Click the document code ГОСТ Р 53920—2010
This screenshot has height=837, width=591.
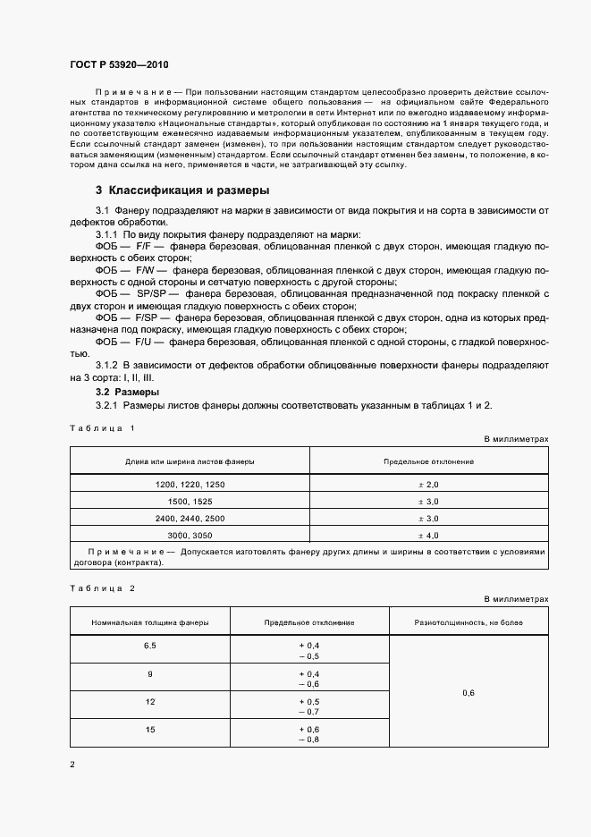pos(119,66)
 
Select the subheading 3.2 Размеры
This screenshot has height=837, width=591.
pos(127,392)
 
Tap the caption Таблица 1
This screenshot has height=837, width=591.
pos(102,427)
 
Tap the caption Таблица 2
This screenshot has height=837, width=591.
pos(102,588)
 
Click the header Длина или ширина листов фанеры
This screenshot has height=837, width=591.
pos(190,461)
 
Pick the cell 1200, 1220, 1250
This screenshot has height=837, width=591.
pos(190,484)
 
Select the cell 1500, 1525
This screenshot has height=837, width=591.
pos(190,501)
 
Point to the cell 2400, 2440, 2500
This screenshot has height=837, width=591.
pos(190,519)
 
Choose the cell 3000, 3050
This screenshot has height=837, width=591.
pos(190,536)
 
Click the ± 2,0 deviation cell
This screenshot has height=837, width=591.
pos(428,484)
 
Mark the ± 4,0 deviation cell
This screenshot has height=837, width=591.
pos(428,536)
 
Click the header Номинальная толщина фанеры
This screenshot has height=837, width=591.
pos(150,621)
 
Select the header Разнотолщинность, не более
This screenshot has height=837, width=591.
pos(469,621)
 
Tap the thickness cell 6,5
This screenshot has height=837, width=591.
pos(149,645)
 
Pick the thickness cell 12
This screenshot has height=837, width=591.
pos(149,702)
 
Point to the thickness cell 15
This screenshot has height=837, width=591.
pos(149,731)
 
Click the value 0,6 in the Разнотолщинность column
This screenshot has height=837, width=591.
pos(469,693)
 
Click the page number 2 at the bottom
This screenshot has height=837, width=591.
pos(72,765)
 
